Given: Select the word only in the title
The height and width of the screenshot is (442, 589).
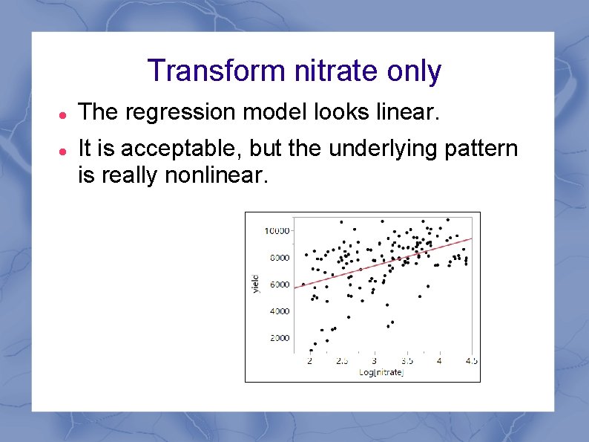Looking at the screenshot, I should coord(414,71).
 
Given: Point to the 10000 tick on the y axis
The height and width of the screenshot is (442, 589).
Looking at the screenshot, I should coord(276,231).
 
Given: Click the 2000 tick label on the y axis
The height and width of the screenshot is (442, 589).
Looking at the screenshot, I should coord(278,338).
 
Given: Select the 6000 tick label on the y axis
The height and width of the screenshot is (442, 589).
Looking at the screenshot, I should coord(278,285).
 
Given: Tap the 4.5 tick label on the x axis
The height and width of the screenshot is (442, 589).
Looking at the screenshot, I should coord(471,361).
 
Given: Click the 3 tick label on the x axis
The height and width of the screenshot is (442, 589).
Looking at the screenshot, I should coord(374,361).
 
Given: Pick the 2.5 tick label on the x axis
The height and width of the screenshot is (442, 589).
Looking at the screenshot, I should coord(341,361).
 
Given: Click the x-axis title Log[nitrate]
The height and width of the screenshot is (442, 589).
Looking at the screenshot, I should coord(381,372).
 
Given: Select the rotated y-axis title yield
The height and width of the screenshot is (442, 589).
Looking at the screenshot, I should coord(255,283).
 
